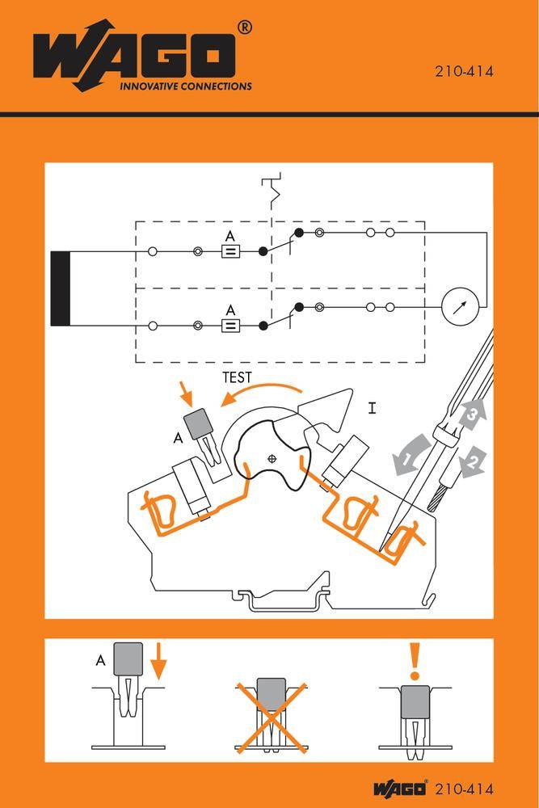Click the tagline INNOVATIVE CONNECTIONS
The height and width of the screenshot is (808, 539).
[185, 86]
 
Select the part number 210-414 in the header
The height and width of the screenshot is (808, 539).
[464, 71]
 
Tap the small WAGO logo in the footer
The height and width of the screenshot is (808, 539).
[401, 789]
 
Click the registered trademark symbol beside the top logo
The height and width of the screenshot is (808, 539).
[244, 27]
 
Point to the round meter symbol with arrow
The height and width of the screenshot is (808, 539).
[461, 307]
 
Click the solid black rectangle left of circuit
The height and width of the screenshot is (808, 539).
[61, 288]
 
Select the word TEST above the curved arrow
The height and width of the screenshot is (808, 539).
[237, 377]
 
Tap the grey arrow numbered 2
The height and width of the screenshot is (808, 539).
[473, 461]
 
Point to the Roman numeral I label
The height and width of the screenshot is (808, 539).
[372, 408]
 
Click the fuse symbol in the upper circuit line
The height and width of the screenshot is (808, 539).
[229, 251]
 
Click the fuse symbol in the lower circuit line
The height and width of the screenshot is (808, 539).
[229, 326]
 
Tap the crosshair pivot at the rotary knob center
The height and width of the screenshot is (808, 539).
[272, 458]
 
